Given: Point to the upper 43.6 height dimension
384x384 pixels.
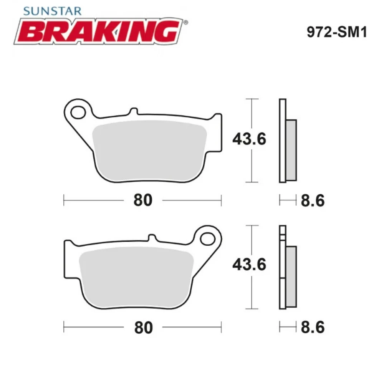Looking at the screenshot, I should tap(249, 139).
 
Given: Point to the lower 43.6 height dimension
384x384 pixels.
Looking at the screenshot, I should tap(249, 265).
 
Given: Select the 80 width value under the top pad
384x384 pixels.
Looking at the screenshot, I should tap(143, 200).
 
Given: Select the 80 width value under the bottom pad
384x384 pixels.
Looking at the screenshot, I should tap(143, 327).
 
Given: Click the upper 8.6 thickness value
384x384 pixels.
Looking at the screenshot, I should tap(312, 200).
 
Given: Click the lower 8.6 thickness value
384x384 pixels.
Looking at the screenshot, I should tap(312, 327).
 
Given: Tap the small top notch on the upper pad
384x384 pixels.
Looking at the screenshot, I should tap(133, 111).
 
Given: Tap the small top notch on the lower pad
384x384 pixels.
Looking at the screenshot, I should tap(152, 237).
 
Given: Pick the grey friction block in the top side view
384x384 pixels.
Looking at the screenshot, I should tap(291, 150).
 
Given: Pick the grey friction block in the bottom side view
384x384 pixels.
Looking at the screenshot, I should tap(291, 276).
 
